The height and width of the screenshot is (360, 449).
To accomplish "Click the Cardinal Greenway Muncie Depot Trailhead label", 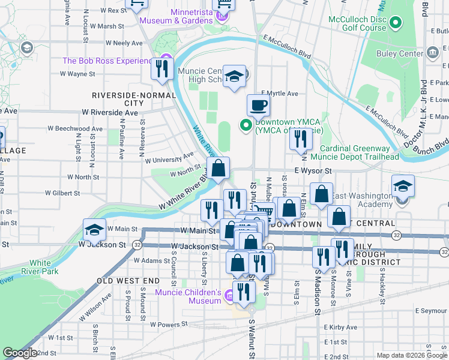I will [359, 152].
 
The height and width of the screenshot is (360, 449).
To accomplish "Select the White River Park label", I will [40, 267].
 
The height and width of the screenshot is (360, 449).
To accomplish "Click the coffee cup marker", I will [258, 106].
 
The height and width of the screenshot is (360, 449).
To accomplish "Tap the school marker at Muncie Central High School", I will [234, 77].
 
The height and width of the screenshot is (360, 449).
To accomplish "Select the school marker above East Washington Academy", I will [403, 187].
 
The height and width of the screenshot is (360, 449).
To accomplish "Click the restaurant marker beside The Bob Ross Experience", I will [161, 69].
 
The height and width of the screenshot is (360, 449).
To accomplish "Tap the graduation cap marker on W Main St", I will [94, 230].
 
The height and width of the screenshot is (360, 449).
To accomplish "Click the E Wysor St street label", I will [313, 170].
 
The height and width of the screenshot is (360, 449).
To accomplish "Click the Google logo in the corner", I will [20, 353].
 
